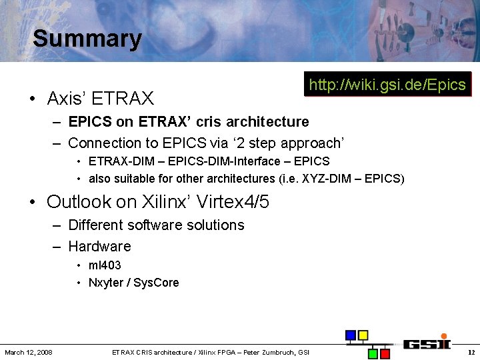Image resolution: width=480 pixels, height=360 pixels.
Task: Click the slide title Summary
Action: coord(87,39)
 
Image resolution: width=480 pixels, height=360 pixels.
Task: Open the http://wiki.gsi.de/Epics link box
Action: coord(387,85)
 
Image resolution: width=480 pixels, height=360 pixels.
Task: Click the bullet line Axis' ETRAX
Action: coord(100,99)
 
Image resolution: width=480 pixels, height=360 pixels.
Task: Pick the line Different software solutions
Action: coord(156,225)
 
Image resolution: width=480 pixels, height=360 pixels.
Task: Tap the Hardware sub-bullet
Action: coord(99,247)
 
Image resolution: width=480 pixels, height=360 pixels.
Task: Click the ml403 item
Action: coord(105,265)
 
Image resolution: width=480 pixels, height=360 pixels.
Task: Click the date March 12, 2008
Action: coord(29,352)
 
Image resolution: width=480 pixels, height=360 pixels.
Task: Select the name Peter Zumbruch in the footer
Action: coord(269,352)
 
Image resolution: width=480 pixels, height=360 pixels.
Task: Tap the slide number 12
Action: coord(471,352)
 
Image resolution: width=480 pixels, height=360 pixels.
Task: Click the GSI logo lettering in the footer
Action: coord(427,344)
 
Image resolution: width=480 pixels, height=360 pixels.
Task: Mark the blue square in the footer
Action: coord(350,335)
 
